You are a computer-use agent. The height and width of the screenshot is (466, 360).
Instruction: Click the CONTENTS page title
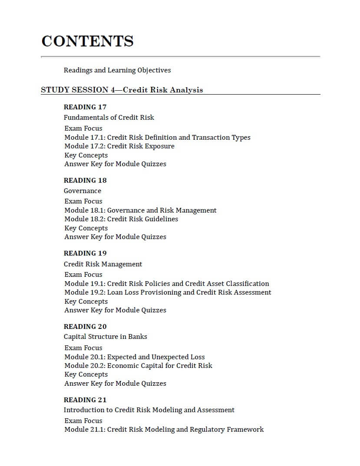[87, 41]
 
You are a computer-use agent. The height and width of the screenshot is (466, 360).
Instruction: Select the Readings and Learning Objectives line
[117, 70]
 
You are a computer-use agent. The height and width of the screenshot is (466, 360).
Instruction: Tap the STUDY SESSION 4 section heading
[122, 90]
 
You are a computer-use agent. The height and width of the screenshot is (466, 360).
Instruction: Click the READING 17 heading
[85, 107]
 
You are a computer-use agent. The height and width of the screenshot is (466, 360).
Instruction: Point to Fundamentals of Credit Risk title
[109, 118]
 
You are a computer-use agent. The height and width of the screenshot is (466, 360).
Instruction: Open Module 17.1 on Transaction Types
[157, 138]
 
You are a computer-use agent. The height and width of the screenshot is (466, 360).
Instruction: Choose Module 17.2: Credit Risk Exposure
[119, 146]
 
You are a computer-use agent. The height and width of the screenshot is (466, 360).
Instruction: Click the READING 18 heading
[85, 180]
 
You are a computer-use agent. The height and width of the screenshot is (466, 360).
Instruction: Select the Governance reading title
[83, 191]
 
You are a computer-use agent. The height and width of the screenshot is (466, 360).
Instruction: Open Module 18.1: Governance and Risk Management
[140, 210]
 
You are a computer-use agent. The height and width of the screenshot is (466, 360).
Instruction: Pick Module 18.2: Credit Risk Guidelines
[121, 219]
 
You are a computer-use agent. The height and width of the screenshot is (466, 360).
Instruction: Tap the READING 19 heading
[85, 253]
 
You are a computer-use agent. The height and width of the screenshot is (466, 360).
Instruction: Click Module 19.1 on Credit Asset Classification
[167, 284]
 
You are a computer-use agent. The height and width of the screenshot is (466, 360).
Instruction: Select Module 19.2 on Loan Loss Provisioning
[168, 292]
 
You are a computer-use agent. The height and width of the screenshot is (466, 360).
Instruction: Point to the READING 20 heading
[85, 327]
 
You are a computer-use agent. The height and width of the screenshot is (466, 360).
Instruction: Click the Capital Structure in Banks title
[106, 337]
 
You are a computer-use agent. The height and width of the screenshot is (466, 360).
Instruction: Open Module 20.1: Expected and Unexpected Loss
[135, 357]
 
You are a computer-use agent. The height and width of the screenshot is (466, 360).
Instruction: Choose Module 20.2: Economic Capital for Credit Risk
[139, 366]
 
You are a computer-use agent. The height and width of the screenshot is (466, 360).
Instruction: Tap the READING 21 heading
[85, 400]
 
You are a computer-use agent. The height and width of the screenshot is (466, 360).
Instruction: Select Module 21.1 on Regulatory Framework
[164, 430]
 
